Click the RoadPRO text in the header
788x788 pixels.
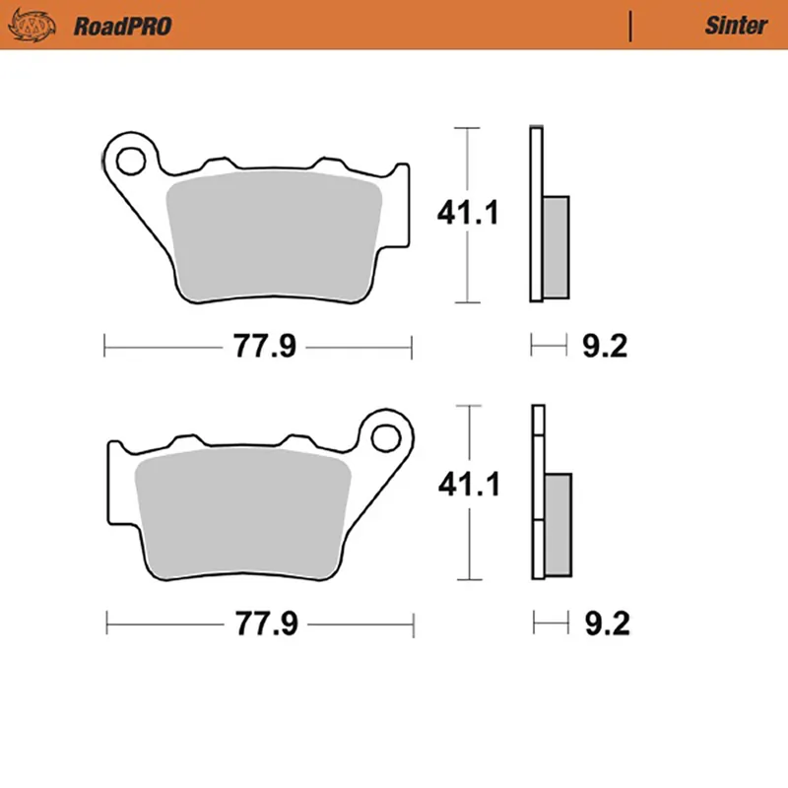(x=122, y=26)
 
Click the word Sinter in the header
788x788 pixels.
(x=734, y=26)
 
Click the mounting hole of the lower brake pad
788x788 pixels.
(x=386, y=434)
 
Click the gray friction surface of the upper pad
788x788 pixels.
(x=276, y=236)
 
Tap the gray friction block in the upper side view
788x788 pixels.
(x=556, y=246)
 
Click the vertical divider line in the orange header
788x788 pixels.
(x=630, y=26)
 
